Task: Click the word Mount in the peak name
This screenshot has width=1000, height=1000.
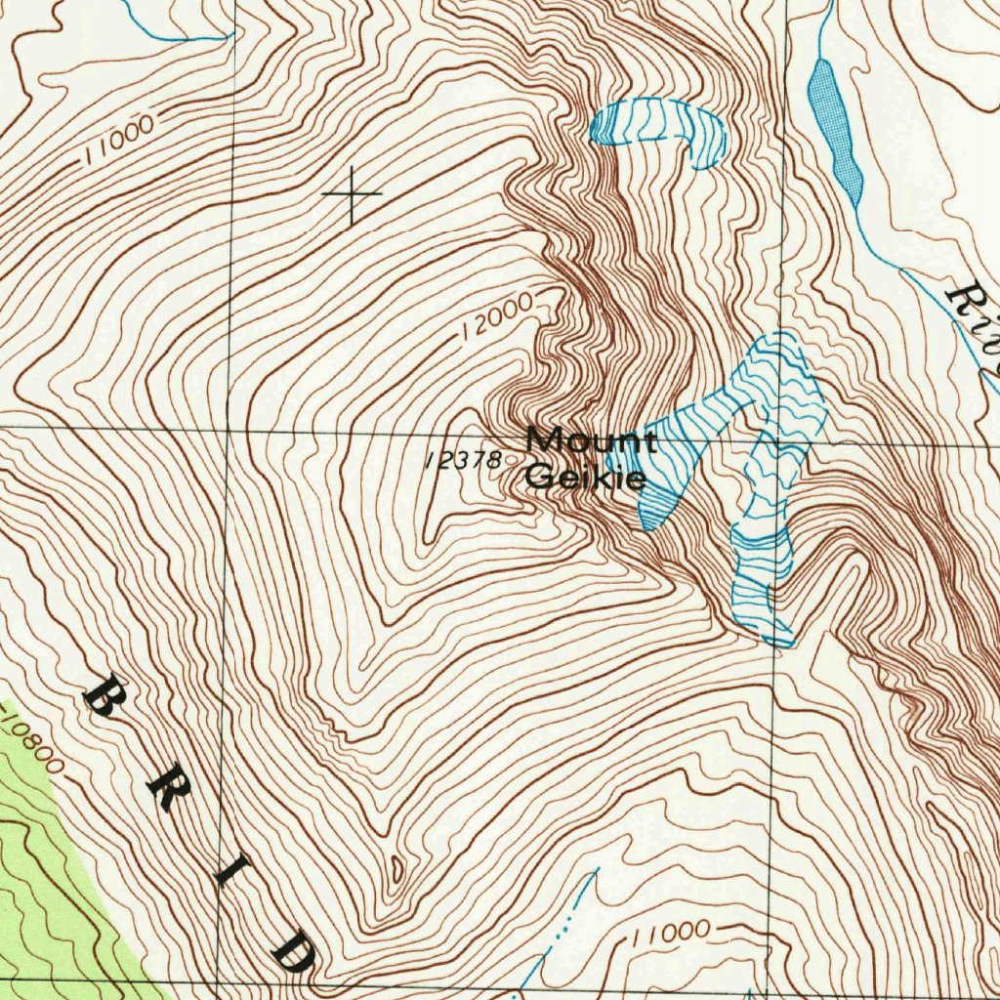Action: pyautogui.click(x=590, y=440)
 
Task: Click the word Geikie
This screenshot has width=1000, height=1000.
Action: pyautogui.click(x=585, y=478)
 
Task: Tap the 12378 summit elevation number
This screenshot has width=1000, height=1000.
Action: pyautogui.click(x=464, y=460)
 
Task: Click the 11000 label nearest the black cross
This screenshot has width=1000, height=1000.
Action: pyautogui.click(x=118, y=140)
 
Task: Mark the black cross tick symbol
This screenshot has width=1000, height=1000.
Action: pyautogui.click(x=352, y=194)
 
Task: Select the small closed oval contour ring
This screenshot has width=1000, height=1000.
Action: pyautogui.click(x=396, y=865)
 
